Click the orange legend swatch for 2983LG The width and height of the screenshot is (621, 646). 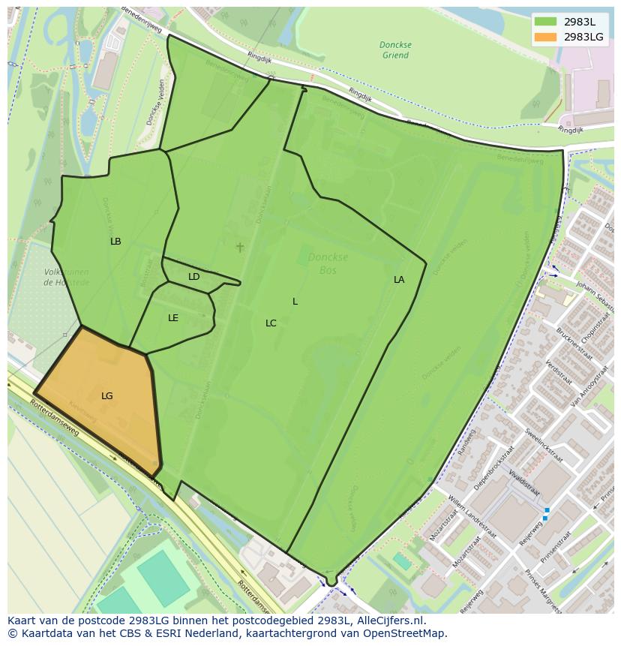tap(545, 37)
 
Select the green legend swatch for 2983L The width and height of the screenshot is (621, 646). tap(545, 21)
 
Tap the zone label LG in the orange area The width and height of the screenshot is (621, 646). tap(107, 395)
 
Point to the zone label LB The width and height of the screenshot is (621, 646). tap(115, 242)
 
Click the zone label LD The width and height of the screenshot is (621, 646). tap(193, 277)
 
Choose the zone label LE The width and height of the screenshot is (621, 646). tap(173, 318)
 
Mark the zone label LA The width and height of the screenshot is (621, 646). tap(399, 280)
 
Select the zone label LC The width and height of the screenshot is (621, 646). tap(271, 323)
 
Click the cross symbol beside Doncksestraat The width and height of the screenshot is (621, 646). tap(240, 247)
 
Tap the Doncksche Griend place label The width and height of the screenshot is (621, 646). tap(394, 50)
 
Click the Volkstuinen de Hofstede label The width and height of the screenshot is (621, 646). tap(66, 277)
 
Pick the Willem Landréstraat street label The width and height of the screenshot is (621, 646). tap(472, 515)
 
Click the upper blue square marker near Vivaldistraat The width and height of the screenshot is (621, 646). tap(546, 510)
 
